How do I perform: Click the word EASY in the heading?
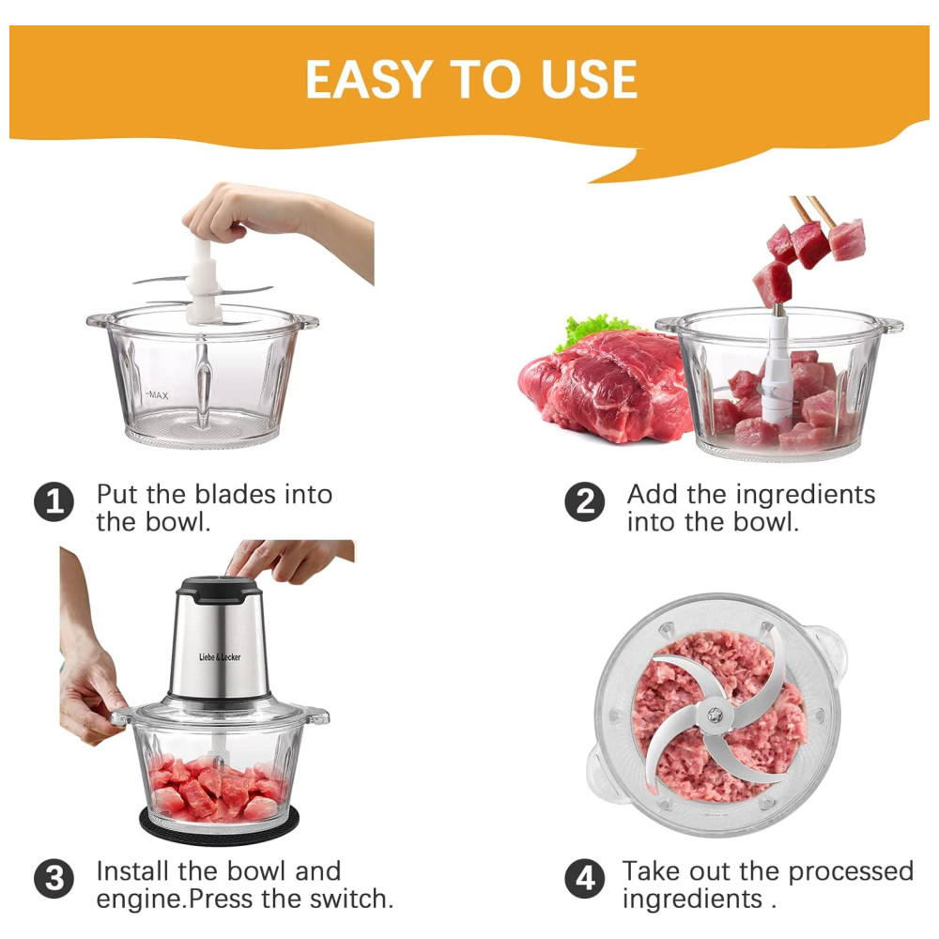coord(369,79)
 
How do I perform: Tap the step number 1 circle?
coord(54,501)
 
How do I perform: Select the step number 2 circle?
coord(585,501)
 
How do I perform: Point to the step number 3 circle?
coord(54,879)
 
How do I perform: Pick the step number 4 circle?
coord(585,879)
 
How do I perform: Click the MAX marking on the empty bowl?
coord(158,395)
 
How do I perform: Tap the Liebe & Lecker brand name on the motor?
coord(220,657)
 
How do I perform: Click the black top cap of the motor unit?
coord(219,589)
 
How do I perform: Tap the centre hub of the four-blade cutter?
coord(715,715)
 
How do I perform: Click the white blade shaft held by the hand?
coord(203,282)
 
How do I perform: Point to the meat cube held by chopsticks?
coord(847,239)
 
